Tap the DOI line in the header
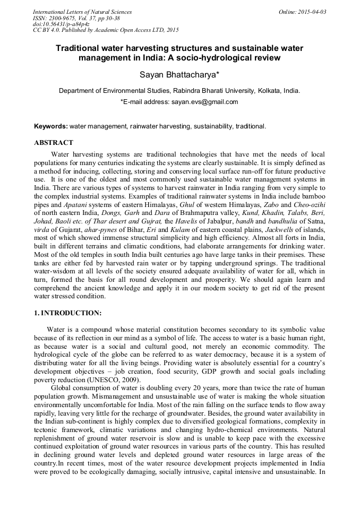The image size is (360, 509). (x=61, y=24)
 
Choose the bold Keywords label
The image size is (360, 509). (x=51, y=127)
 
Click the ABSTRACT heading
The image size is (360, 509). (x=54, y=143)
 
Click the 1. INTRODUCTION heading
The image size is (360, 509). (x=67, y=313)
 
